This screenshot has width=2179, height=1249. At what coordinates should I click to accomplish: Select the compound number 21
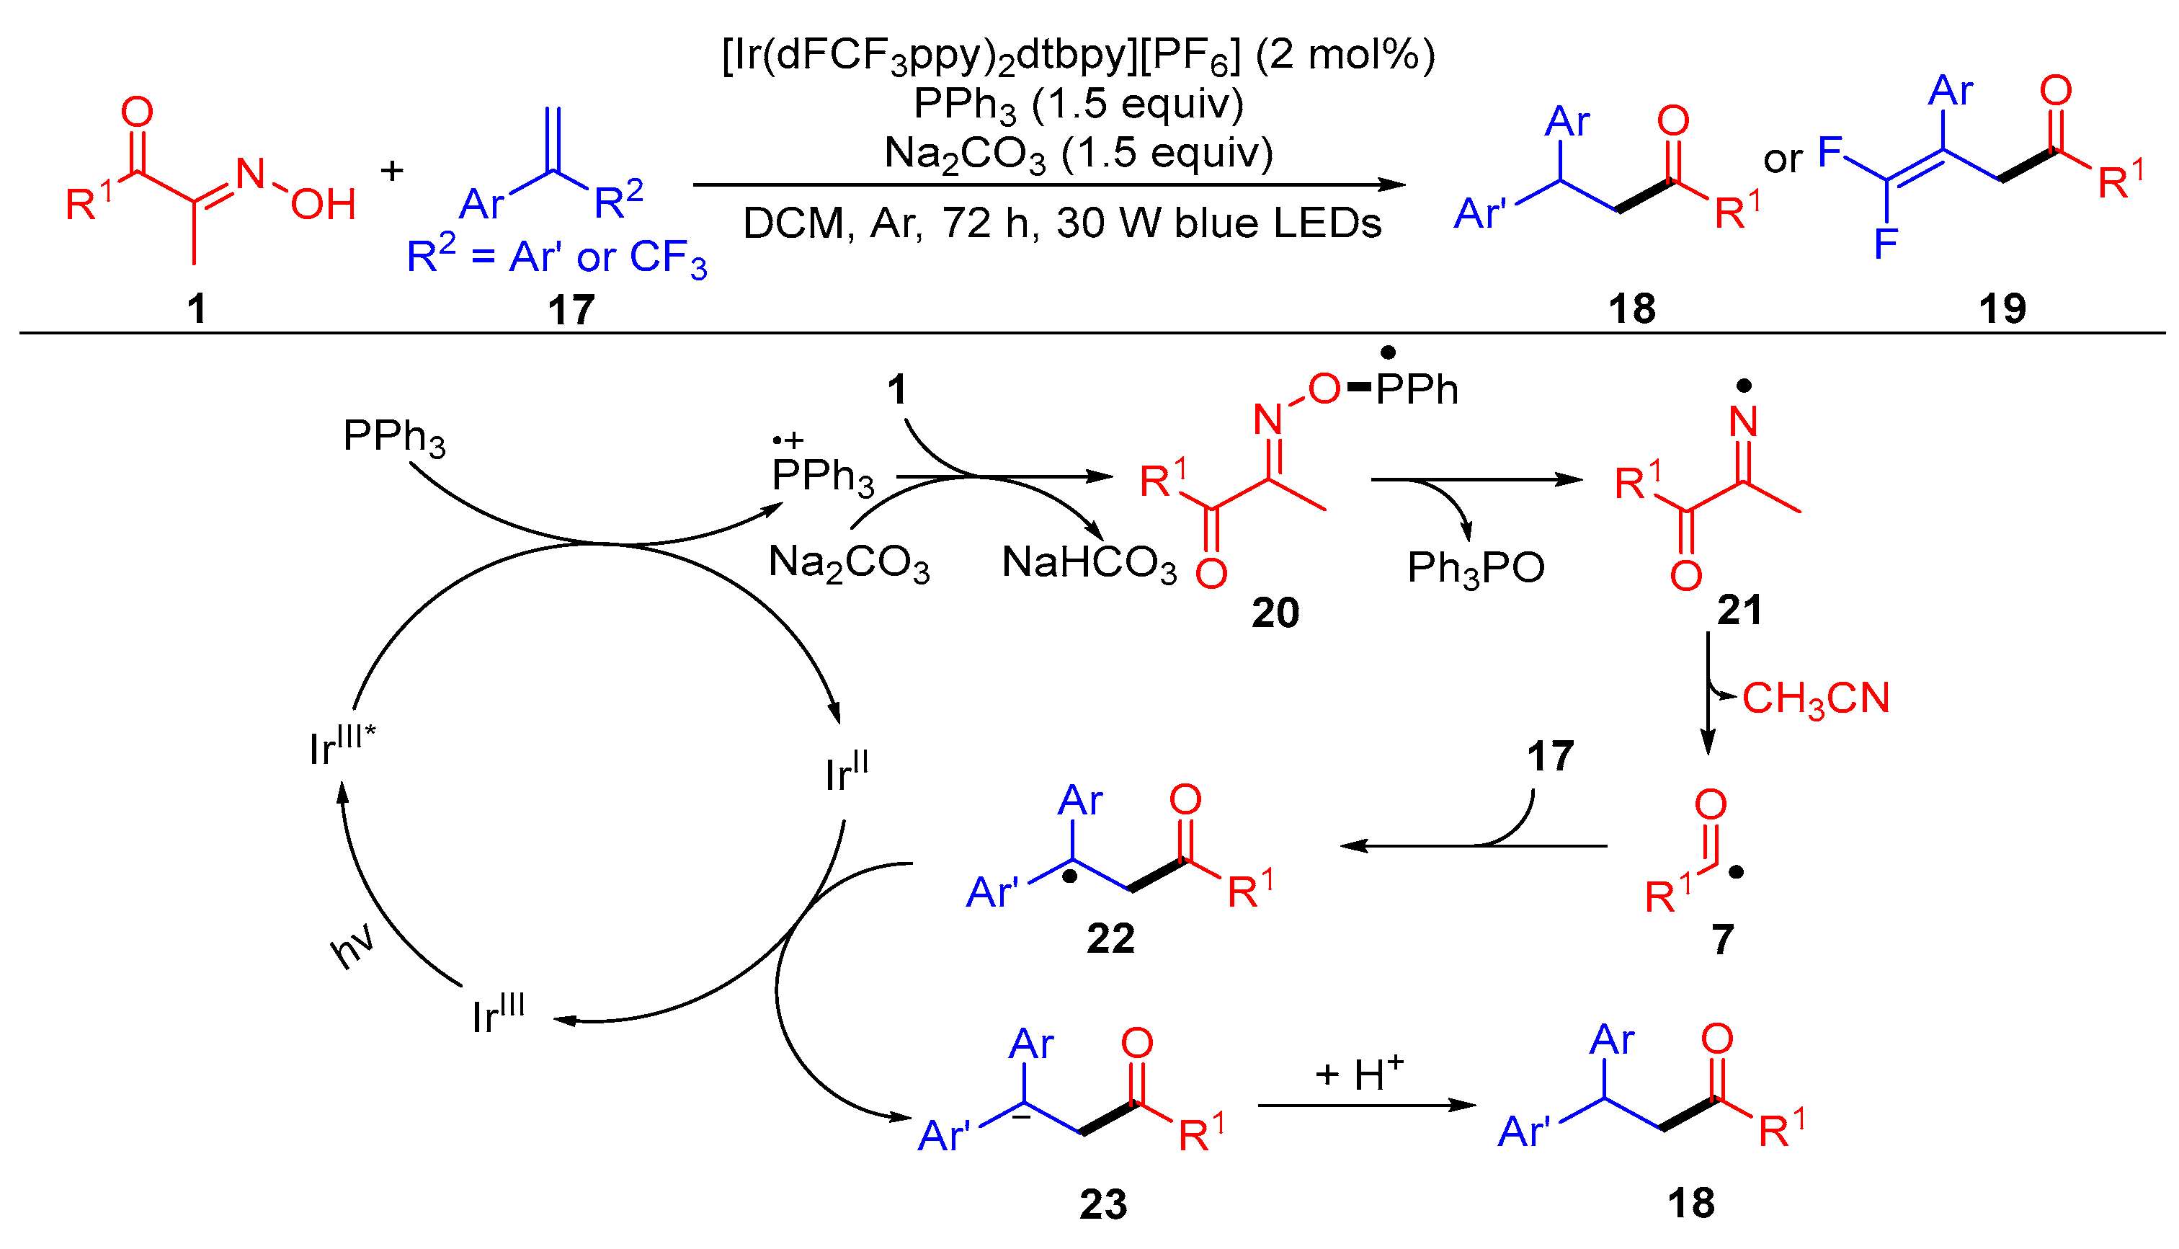1739,610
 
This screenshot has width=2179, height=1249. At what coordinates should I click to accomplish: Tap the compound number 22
1110,938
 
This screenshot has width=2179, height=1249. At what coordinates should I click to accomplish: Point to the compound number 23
1102,1204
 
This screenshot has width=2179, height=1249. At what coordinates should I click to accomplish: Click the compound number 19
2002,308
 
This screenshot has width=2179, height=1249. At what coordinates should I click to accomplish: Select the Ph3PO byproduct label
1476,569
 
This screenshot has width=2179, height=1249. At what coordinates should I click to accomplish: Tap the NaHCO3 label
1089,564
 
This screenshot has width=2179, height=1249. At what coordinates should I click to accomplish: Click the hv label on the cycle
352,946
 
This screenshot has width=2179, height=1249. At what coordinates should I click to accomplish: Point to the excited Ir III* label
342,747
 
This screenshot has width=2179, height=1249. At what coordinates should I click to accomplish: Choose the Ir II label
847,772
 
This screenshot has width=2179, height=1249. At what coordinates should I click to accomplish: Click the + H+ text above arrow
1359,1073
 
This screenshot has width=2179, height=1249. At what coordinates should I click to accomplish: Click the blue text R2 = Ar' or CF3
556,257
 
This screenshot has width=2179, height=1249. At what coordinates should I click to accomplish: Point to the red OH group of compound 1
324,204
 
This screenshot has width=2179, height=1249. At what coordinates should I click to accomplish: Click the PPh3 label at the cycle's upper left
394,437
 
